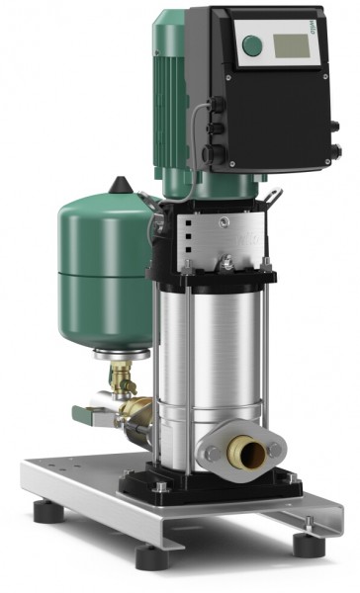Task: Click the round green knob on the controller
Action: pos(254,44)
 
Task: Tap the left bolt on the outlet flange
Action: pos(212,454)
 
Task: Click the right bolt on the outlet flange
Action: pos(276,450)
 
